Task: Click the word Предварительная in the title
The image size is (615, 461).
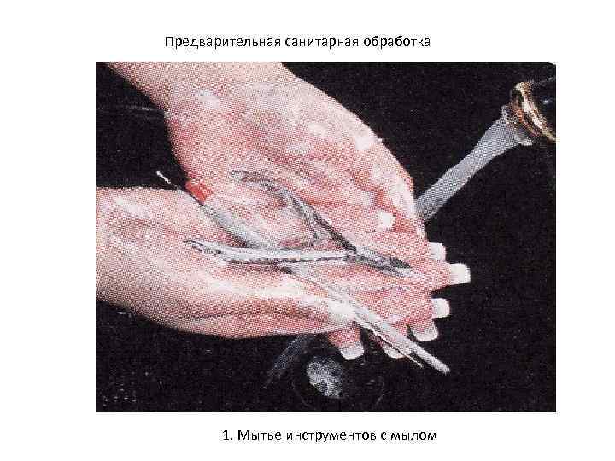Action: (x=222, y=42)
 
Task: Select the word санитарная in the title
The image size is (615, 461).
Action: (x=321, y=42)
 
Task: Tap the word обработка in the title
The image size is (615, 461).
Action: (x=396, y=41)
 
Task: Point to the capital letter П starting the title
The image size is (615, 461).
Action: (x=169, y=41)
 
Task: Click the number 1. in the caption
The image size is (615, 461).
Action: (x=228, y=435)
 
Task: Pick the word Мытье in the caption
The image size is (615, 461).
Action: (x=260, y=435)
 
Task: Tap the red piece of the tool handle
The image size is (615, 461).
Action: (x=198, y=191)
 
